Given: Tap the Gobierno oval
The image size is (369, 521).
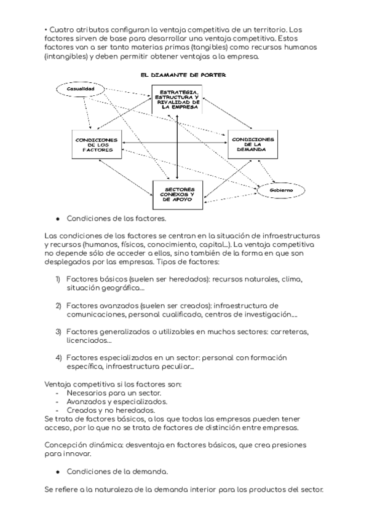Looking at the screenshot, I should pyautogui.click(x=280, y=191).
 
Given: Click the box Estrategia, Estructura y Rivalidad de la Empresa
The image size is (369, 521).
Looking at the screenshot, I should pyautogui.click(x=177, y=100).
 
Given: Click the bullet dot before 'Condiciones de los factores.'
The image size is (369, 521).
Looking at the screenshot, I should pyautogui.click(x=58, y=218).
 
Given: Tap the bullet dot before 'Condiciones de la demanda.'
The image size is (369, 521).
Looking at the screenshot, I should pyautogui.click(x=58, y=471).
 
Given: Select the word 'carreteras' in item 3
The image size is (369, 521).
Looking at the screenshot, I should pyautogui.click(x=287, y=332).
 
